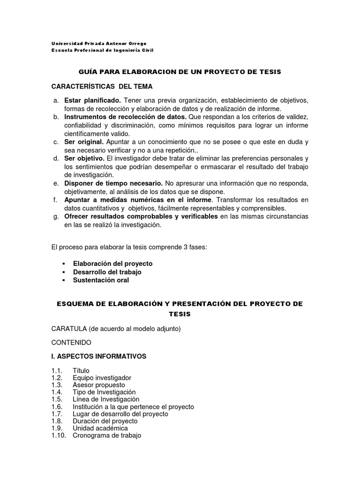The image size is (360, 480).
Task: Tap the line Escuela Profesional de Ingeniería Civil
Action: click(x=102, y=50)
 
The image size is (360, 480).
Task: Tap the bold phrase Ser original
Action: click(x=84, y=142)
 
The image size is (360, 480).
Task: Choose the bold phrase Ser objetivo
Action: click(x=84, y=158)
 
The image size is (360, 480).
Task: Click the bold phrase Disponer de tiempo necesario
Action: click(x=113, y=183)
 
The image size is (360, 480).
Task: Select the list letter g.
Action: click(x=55, y=217)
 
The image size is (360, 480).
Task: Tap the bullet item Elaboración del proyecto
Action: click(x=112, y=263)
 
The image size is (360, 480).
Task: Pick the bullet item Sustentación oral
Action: click(x=101, y=280)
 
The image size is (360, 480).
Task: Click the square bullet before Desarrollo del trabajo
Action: click(x=63, y=272)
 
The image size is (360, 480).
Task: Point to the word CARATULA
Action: click(x=67, y=329)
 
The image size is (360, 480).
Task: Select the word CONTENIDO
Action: click(x=71, y=343)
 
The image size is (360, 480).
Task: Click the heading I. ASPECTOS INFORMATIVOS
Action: click(x=99, y=356)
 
